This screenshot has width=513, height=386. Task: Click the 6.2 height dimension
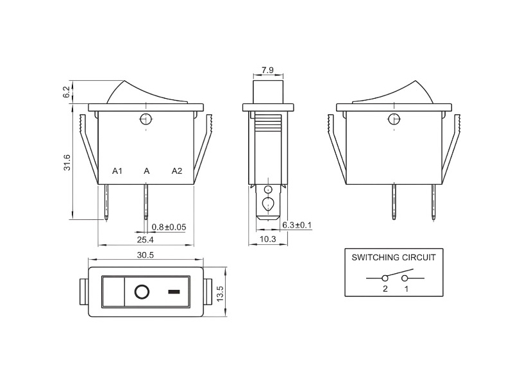click(x=66, y=92)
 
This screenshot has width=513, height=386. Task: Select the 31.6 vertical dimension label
click(x=67, y=163)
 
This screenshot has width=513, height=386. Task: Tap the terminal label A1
click(x=117, y=171)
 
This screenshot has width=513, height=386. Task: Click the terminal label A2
click(x=177, y=171)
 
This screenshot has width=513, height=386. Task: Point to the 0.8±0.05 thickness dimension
click(x=169, y=227)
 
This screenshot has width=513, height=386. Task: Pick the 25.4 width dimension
click(x=145, y=239)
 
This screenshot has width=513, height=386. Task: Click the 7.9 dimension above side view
click(x=268, y=70)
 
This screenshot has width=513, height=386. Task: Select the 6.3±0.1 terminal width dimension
click(x=296, y=226)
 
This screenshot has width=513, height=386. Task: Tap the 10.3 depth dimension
click(x=267, y=239)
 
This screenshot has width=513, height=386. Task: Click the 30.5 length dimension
click(x=146, y=255)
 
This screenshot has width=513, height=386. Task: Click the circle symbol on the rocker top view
click(x=142, y=293)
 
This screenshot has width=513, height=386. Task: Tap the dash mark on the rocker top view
click(x=174, y=293)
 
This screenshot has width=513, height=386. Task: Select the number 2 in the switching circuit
click(x=385, y=289)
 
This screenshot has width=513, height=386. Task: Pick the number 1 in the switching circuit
click(x=406, y=289)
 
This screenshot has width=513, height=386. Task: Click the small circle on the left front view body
click(x=146, y=119)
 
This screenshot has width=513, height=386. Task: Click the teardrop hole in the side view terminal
click(x=269, y=205)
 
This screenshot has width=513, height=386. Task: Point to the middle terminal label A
click(x=147, y=171)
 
